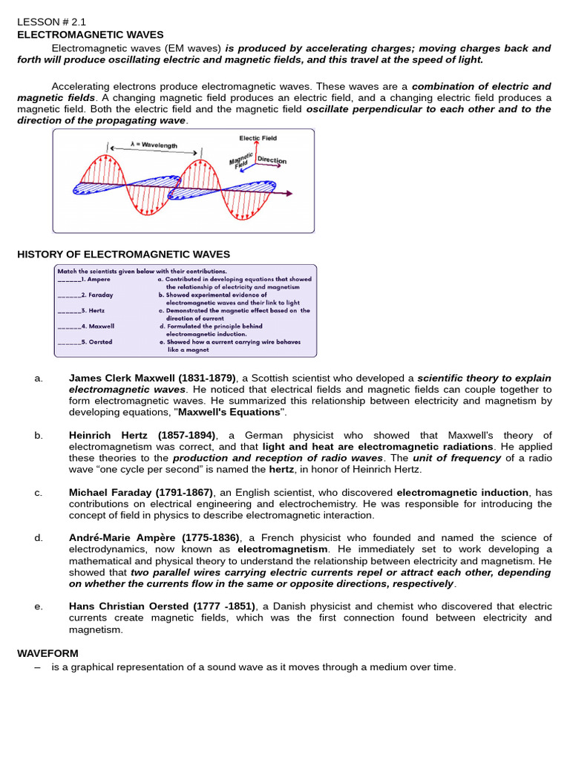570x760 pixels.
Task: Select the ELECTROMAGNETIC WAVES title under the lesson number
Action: coord(90,34)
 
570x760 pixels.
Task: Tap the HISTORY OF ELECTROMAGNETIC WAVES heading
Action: coord(123,254)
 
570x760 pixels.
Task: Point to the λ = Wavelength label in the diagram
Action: coord(154,145)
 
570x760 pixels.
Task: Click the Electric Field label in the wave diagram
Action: coord(257,138)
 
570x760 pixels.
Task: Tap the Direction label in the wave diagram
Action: coord(272,160)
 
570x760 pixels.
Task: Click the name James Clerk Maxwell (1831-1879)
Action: coord(152,378)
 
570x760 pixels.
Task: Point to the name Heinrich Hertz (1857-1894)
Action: coord(142,435)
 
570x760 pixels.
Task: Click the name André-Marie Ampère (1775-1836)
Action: coord(154,537)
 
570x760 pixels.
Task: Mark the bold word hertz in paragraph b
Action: coord(281,470)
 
